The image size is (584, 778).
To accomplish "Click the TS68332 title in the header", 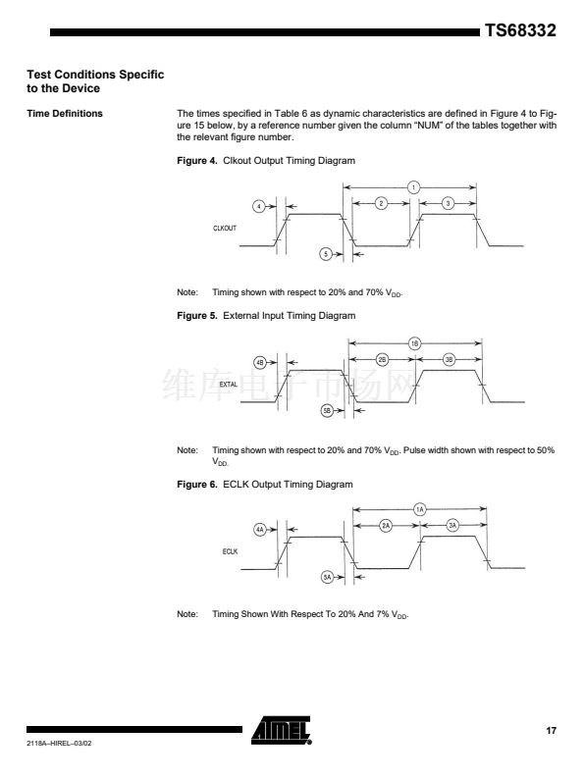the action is pos(520,30).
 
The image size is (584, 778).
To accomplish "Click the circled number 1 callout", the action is pos(413,187).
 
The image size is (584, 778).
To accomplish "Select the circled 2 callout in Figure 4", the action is pos(381,203).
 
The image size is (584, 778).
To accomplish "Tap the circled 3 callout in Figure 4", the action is pos(448,203).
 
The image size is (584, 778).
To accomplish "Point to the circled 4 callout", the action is pos(259,206).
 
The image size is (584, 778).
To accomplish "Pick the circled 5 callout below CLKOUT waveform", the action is pos(326,254).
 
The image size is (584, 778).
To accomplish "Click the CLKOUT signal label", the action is pos(225,229).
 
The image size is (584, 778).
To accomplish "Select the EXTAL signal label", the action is pos(229,384).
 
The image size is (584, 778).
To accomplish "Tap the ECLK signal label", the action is pos(230,551).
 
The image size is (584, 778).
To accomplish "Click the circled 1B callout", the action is pos(414,343).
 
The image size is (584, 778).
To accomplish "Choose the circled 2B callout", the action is pos(382,360).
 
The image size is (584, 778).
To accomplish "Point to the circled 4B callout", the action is pos(260,363).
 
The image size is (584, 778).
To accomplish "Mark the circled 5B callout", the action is pos(327,411).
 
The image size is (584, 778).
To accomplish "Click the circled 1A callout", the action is pos(420,509).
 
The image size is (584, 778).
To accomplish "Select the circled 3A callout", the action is pos(452,526).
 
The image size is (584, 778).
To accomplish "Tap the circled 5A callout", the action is pos(327,577).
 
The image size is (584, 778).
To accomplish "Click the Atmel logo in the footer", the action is pos(281,730).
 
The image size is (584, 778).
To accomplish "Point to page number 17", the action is pos(552,730).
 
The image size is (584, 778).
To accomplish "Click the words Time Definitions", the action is pos(65,114).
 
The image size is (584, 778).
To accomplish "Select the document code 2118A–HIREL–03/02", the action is pos(59,744).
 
